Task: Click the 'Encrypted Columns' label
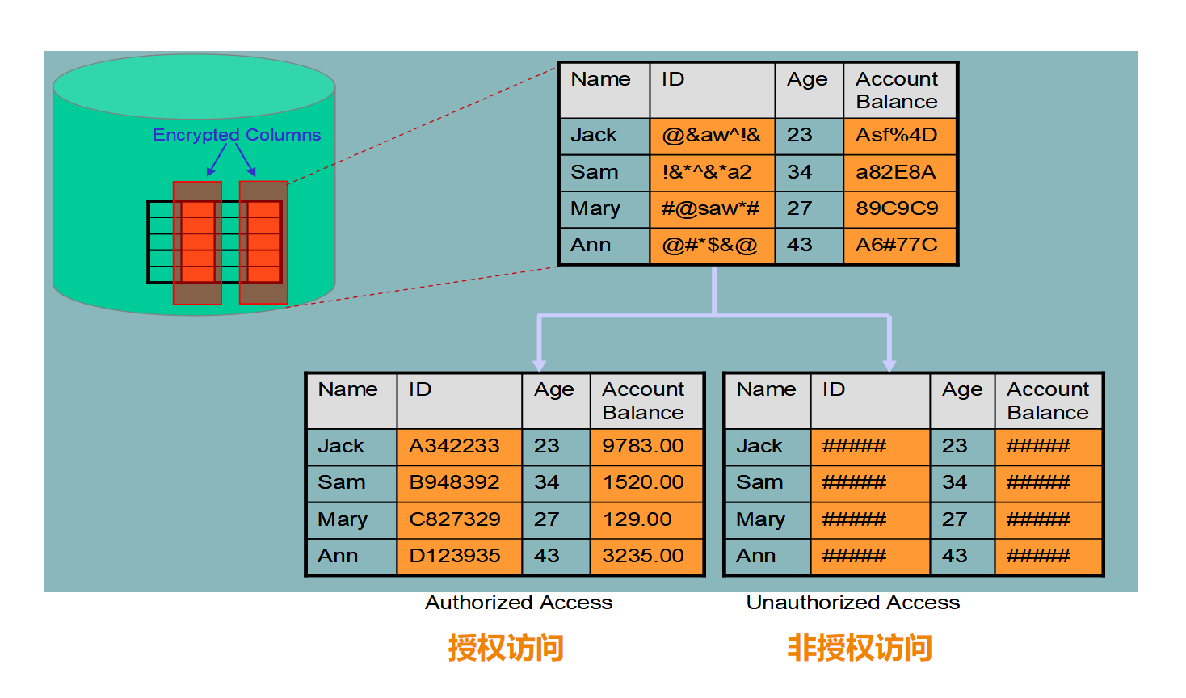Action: [x=237, y=135]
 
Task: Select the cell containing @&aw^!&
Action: [x=711, y=136]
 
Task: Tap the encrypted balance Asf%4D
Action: [x=897, y=136]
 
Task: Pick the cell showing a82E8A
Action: [x=896, y=172]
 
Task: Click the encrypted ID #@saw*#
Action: [x=710, y=208]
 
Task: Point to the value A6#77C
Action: [x=897, y=245]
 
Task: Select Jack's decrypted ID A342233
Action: [x=454, y=446]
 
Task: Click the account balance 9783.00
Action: [x=643, y=446]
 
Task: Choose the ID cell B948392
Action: [x=454, y=482]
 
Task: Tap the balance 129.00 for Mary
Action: [x=637, y=519]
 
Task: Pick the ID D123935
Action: [x=455, y=556]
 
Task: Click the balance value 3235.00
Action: [x=643, y=556]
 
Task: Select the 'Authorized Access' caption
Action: [x=519, y=603]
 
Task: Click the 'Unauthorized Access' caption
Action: [x=853, y=603]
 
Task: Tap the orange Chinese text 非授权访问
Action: [x=860, y=648]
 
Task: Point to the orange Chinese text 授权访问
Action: [x=506, y=648]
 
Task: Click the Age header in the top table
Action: [x=807, y=80]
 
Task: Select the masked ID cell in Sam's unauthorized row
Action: [x=854, y=482]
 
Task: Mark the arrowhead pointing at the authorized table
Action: [x=540, y=365]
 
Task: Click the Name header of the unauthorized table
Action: [x=766, y=389]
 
